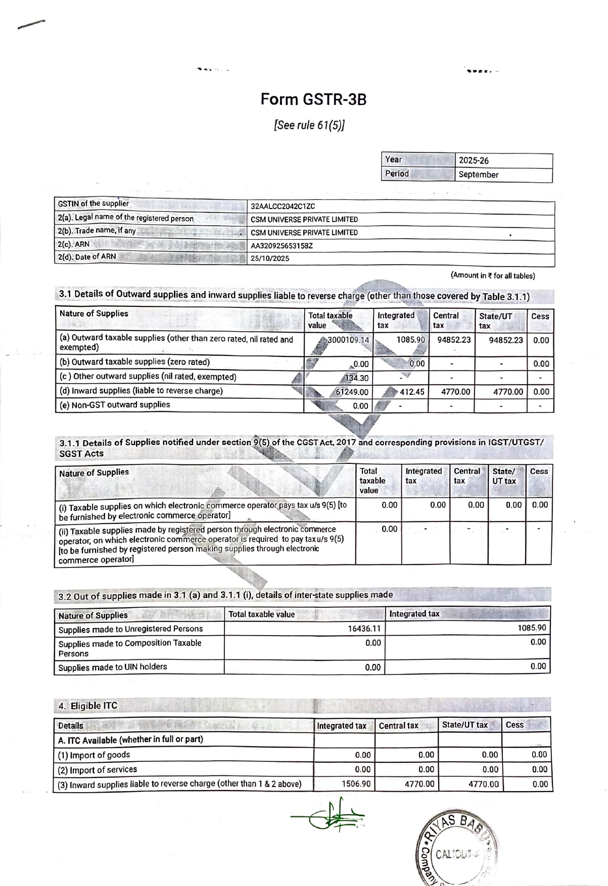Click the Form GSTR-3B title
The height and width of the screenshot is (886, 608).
[313, 99]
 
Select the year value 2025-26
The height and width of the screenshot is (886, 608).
[474, 161]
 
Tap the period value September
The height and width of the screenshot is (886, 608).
[478, 175]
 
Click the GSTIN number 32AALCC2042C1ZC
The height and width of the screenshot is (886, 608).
[283, 206]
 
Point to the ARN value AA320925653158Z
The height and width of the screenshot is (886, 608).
[282, 246]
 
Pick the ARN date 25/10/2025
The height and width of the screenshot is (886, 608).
[270, 258]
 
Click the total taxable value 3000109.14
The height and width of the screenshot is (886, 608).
[348, 340]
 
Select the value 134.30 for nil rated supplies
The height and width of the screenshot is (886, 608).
[357, 378]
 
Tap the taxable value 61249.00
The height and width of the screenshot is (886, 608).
[352, 392]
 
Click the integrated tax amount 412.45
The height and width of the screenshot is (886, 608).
[412, 391]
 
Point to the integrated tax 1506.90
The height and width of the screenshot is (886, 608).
[356, 784]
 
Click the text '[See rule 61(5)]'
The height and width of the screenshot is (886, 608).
[309, 125]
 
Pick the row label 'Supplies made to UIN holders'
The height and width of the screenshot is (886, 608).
[112, 667]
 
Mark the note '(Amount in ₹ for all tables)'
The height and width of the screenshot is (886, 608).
[492, 276]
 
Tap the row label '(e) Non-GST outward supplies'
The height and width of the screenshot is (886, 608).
[115, 405]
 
